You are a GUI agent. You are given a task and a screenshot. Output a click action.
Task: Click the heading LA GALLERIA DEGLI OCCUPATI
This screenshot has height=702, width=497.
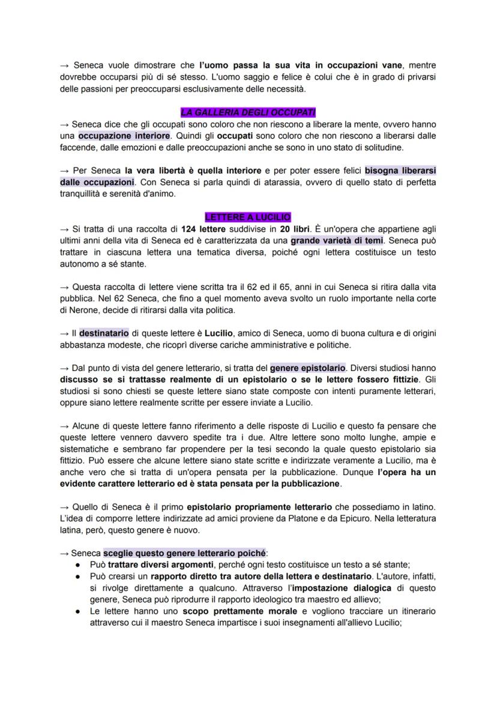point(248,113)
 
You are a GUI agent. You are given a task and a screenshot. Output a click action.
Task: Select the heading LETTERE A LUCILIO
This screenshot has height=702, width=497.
point(248,217)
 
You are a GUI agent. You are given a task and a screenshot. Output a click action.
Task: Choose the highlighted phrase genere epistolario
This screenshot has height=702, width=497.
point(308,368)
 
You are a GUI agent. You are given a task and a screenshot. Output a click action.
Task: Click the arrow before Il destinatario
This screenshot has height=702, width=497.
point(64,333)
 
